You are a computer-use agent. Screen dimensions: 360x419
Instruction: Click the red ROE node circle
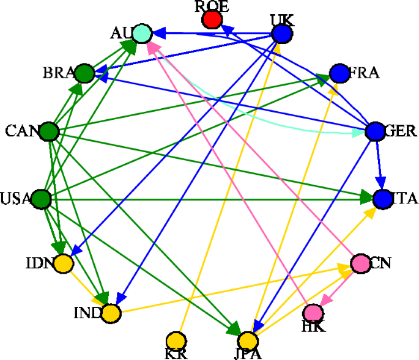point(212,20)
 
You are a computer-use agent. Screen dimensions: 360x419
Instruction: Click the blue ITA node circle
point(382,199)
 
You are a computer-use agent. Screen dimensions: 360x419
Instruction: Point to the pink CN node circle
point(360,263)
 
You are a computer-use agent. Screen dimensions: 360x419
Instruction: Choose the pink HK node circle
point(313,313)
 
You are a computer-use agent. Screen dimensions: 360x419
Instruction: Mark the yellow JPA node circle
point(248,340)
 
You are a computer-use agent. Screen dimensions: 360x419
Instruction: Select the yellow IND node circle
point(111,314)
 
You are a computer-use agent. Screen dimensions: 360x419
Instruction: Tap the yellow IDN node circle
point(64,263)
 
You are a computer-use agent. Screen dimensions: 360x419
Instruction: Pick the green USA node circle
point(40,199)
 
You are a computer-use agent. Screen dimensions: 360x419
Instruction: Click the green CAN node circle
point(48,131)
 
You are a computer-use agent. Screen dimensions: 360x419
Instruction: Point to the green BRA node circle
point(84,73)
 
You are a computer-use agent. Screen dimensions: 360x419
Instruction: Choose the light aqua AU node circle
point(142,33)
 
